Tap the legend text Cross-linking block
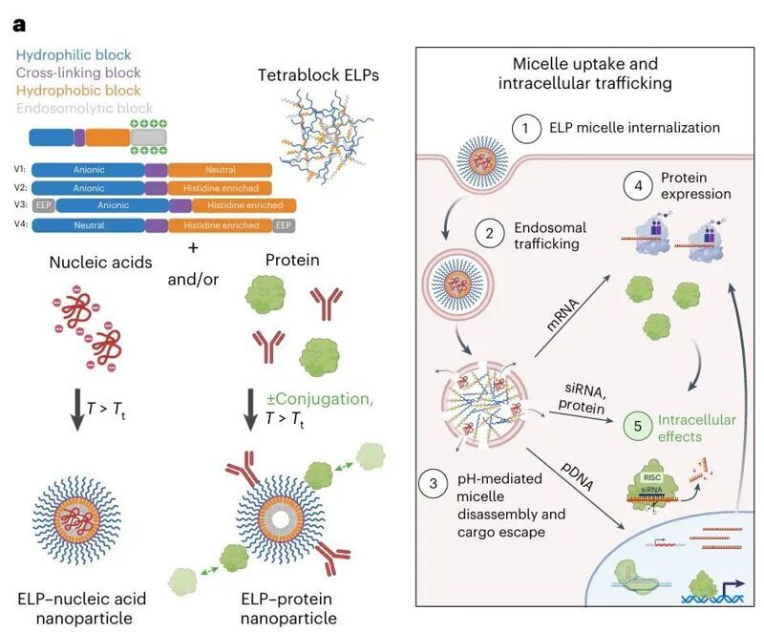pyautogui.click(x=80, y=73)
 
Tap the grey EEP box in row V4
pyautogui.click(x=284, y=225)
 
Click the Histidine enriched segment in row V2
pyautogui.click(x=220, y=188)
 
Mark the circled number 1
pyautogui.click(x=525, y=127)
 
